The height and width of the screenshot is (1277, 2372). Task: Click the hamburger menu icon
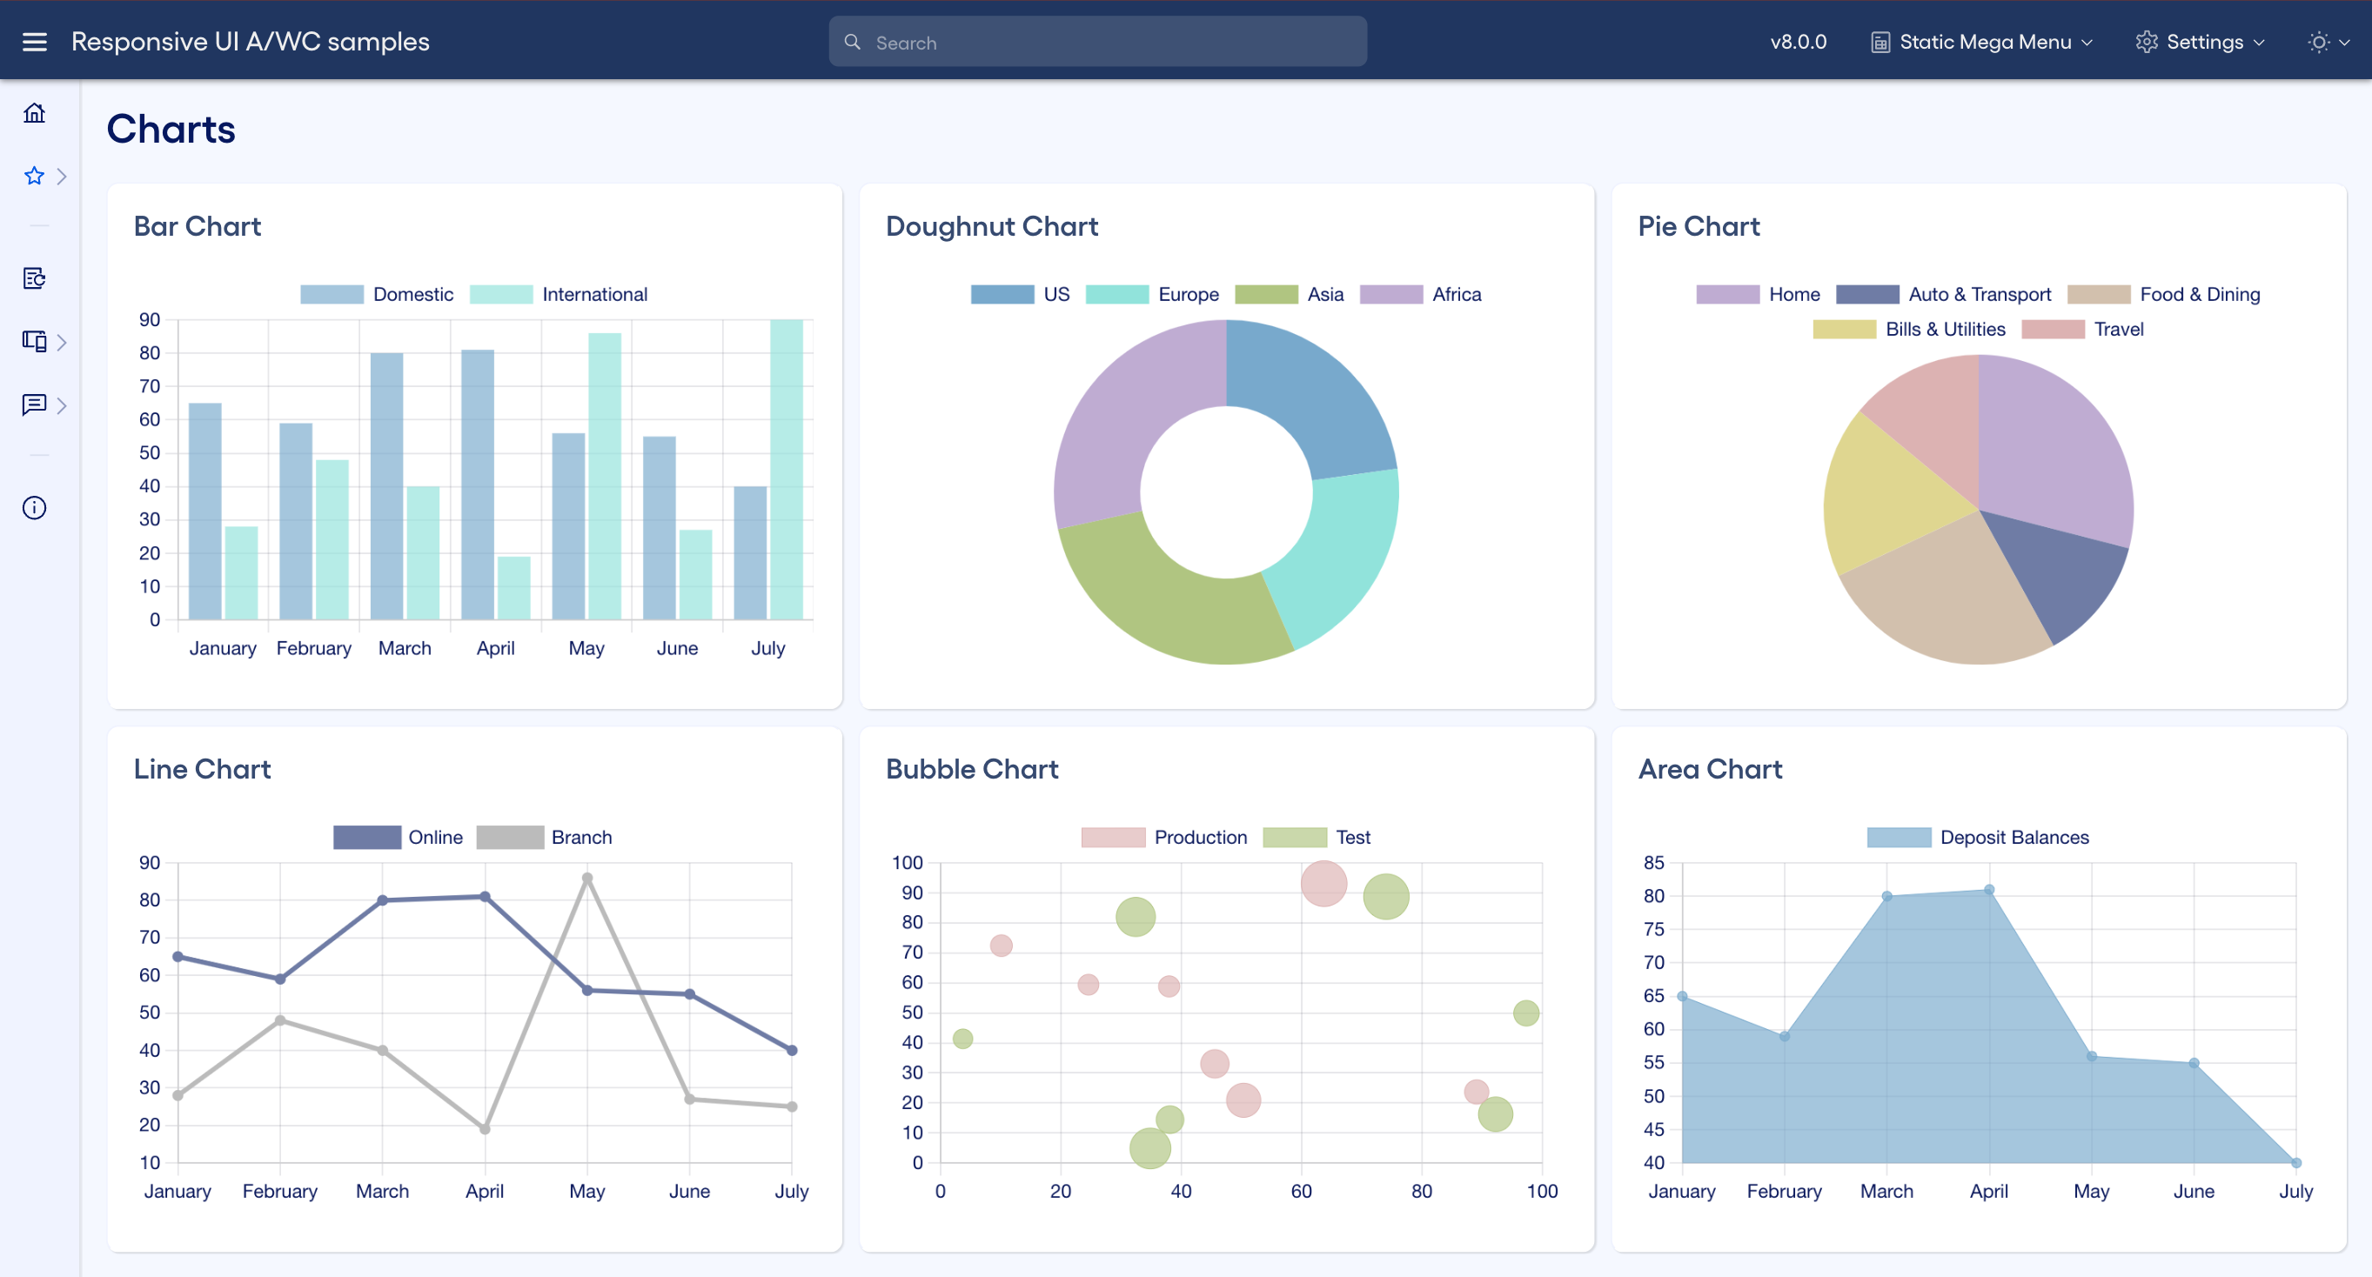pyautogui.click(x=34, y=43)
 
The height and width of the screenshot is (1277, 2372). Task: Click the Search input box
pyautogui.click(x=1097, y=43)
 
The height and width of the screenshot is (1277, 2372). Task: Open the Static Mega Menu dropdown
pyautogui.click(x=1982, y=43)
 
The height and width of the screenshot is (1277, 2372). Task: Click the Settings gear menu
pyautogui.click(x=2200, y=43)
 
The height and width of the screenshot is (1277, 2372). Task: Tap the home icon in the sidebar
pyautogui.click(x=34, y=113)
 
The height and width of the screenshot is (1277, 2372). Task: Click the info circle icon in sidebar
pyautogui.click(x=34, y=508)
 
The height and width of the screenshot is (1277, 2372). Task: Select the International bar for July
pyautogui.click(x=787, y=470)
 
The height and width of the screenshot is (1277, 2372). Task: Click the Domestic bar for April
pyautogui.click(x=477, y=485)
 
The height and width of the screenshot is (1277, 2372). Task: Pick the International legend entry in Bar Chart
pyautogui.click(x=559, y=295)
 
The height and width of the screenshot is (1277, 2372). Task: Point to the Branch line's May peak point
pyautogui.click(x=587, y=879)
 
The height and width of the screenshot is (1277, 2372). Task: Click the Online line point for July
pyautogui.click(x=792, y=1051)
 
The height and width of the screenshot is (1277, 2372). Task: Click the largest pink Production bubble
pyautogui.click(x=1323, y=884)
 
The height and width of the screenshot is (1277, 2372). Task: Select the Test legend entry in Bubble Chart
pyautogui.click(x=1317, y=838)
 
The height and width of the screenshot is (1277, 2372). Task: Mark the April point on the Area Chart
pyautogui.click(x=1989, y=890)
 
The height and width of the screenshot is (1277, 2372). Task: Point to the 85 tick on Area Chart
pyautogui.click(x=1654, y=863)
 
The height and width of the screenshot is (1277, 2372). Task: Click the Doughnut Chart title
pyautogui.click(x=992, y=226)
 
